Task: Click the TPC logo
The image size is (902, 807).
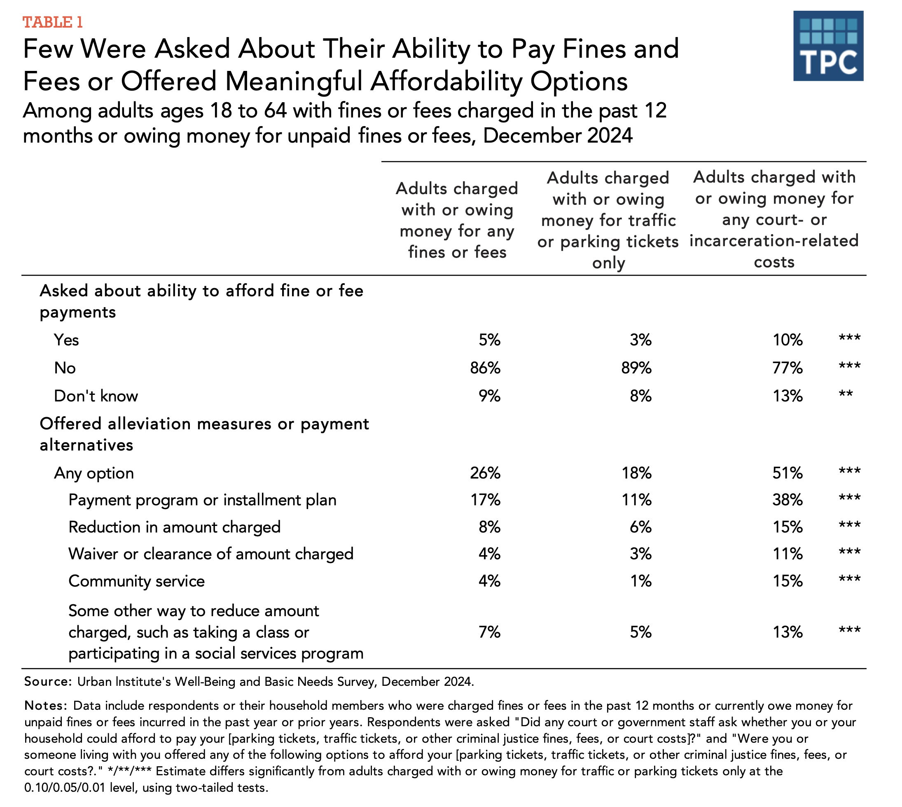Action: (828, 46)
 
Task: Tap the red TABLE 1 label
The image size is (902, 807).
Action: (53, 22)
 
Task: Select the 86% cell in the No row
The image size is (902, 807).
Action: (485, 368)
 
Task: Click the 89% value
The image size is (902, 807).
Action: (636, 368)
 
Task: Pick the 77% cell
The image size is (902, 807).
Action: (787, 368)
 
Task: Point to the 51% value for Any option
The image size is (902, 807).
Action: (787, 473)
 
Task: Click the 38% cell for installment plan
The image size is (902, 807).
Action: (787, 500)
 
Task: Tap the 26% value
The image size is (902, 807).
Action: (485, 473)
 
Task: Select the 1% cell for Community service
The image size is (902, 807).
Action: (640, 581)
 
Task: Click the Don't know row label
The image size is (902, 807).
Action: (96, 396)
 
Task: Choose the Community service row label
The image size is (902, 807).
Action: (136, 581)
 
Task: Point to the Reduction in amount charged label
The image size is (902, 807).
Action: (175, 527)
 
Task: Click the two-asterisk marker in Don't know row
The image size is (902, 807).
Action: (846, 393)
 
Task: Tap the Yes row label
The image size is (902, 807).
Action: (66, 340)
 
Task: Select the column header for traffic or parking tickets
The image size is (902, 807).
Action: (608, 221)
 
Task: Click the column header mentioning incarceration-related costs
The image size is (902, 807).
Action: (774, 220)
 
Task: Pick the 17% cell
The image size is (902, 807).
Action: (485, 500)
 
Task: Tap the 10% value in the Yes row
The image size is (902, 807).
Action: (787, 340)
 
